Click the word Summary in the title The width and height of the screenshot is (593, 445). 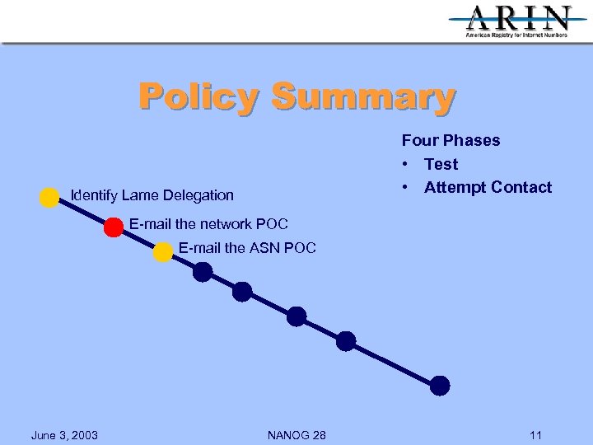362,97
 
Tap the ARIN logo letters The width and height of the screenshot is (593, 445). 519,18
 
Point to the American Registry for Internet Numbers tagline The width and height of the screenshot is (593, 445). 516,35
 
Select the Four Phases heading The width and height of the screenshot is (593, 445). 451,140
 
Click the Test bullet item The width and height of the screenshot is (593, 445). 441,164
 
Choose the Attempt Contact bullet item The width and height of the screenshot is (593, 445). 488,187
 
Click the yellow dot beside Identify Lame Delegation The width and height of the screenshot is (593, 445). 49,197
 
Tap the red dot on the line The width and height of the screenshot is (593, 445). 114,227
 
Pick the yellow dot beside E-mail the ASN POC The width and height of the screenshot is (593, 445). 163,252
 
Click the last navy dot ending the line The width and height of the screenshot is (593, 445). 441,385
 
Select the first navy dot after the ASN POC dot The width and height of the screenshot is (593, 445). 203,272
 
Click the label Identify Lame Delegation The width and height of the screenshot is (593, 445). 152,195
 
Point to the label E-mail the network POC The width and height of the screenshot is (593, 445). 208,223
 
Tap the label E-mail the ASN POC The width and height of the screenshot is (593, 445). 247,247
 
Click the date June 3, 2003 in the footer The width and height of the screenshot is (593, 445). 64,434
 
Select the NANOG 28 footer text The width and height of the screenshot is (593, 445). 296,434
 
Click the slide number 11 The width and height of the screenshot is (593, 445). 536,434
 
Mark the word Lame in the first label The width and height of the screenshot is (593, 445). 140,195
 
